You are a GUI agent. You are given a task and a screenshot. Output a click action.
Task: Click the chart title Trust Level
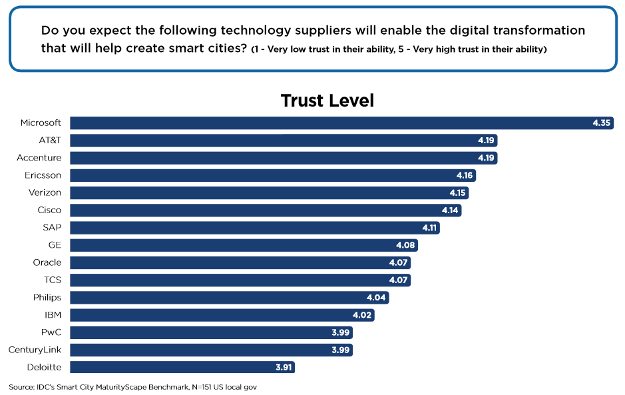327,101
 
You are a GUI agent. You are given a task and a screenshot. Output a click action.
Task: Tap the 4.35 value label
601,123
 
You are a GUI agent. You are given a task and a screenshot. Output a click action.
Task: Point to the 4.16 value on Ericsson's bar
464,175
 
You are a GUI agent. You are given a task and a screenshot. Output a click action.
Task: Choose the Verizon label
45,193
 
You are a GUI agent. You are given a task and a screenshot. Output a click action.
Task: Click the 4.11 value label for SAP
428,228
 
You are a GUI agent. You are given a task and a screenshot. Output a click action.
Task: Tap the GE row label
55,245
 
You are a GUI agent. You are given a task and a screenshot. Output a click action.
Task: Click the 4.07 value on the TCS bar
398,280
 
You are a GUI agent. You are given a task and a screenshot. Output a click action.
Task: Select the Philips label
47,297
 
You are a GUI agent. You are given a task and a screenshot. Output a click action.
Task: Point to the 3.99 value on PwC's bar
340,332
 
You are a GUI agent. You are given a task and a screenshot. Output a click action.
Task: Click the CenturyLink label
35,350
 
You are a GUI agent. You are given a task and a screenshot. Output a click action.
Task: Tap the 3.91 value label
282,367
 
